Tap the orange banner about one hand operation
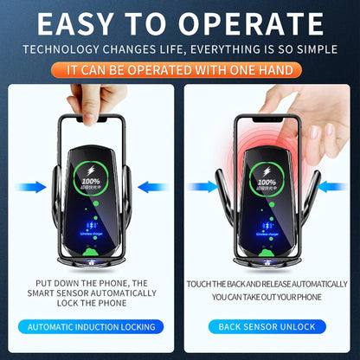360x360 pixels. (179, 67)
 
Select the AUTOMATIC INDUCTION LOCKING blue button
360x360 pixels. (91, 327)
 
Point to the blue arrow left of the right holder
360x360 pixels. (206, 185)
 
